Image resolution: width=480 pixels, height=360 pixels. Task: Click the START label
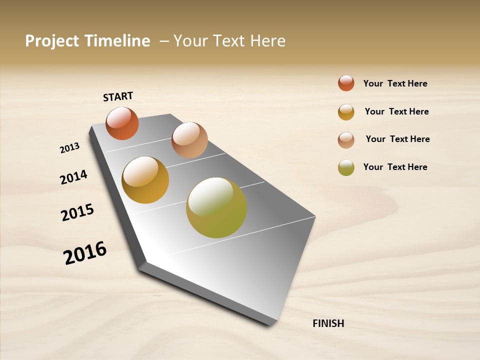[118, 96]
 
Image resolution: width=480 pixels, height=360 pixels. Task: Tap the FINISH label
[328, 323]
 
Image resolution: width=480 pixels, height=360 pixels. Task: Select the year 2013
[69, 148]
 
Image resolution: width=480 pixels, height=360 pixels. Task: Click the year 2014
[73, 177]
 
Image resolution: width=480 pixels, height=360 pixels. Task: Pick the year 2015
[77, 212]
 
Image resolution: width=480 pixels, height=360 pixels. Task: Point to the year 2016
[85, 253]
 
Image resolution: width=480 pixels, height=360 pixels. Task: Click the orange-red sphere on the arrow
[122, 123]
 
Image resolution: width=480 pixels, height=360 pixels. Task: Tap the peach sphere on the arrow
[189, 139]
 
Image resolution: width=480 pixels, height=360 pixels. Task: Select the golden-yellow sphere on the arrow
[145, 180]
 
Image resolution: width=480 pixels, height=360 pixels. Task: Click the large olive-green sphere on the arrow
[216, 207]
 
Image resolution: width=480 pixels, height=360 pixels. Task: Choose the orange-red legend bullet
[346, 83]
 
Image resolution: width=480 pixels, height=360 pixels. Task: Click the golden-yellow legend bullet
[346, 112]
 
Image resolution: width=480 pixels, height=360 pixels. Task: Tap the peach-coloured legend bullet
[346, 140]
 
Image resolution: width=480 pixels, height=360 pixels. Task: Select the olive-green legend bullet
[346, 167]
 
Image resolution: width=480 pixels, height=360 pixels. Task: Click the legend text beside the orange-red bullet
[395, 83]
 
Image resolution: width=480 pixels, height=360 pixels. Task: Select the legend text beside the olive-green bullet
[395, 167]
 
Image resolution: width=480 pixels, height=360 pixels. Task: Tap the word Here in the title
[267, 41]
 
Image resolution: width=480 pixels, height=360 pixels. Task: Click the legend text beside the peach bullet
[397, 139]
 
